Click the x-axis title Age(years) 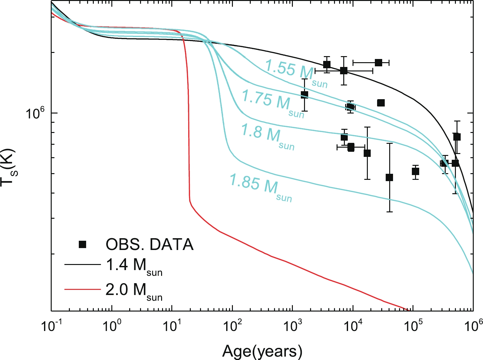[262, 351]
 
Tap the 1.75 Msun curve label [273, 103]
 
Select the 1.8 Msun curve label [267, 136]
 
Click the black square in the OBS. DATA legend [83, 245]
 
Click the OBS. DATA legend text [149, 245]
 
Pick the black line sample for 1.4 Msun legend [82, 264]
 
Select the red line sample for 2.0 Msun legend [82, 290]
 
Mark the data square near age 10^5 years [415, 172]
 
